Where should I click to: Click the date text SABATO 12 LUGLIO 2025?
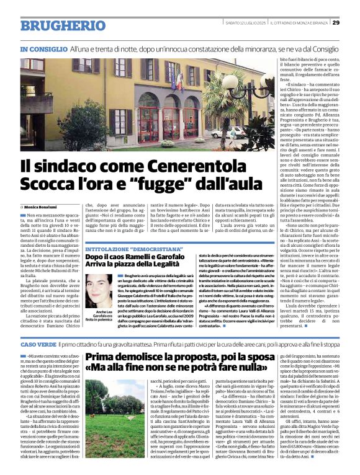tap(248, 23)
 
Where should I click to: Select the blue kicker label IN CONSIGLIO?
tap(43, 48)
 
